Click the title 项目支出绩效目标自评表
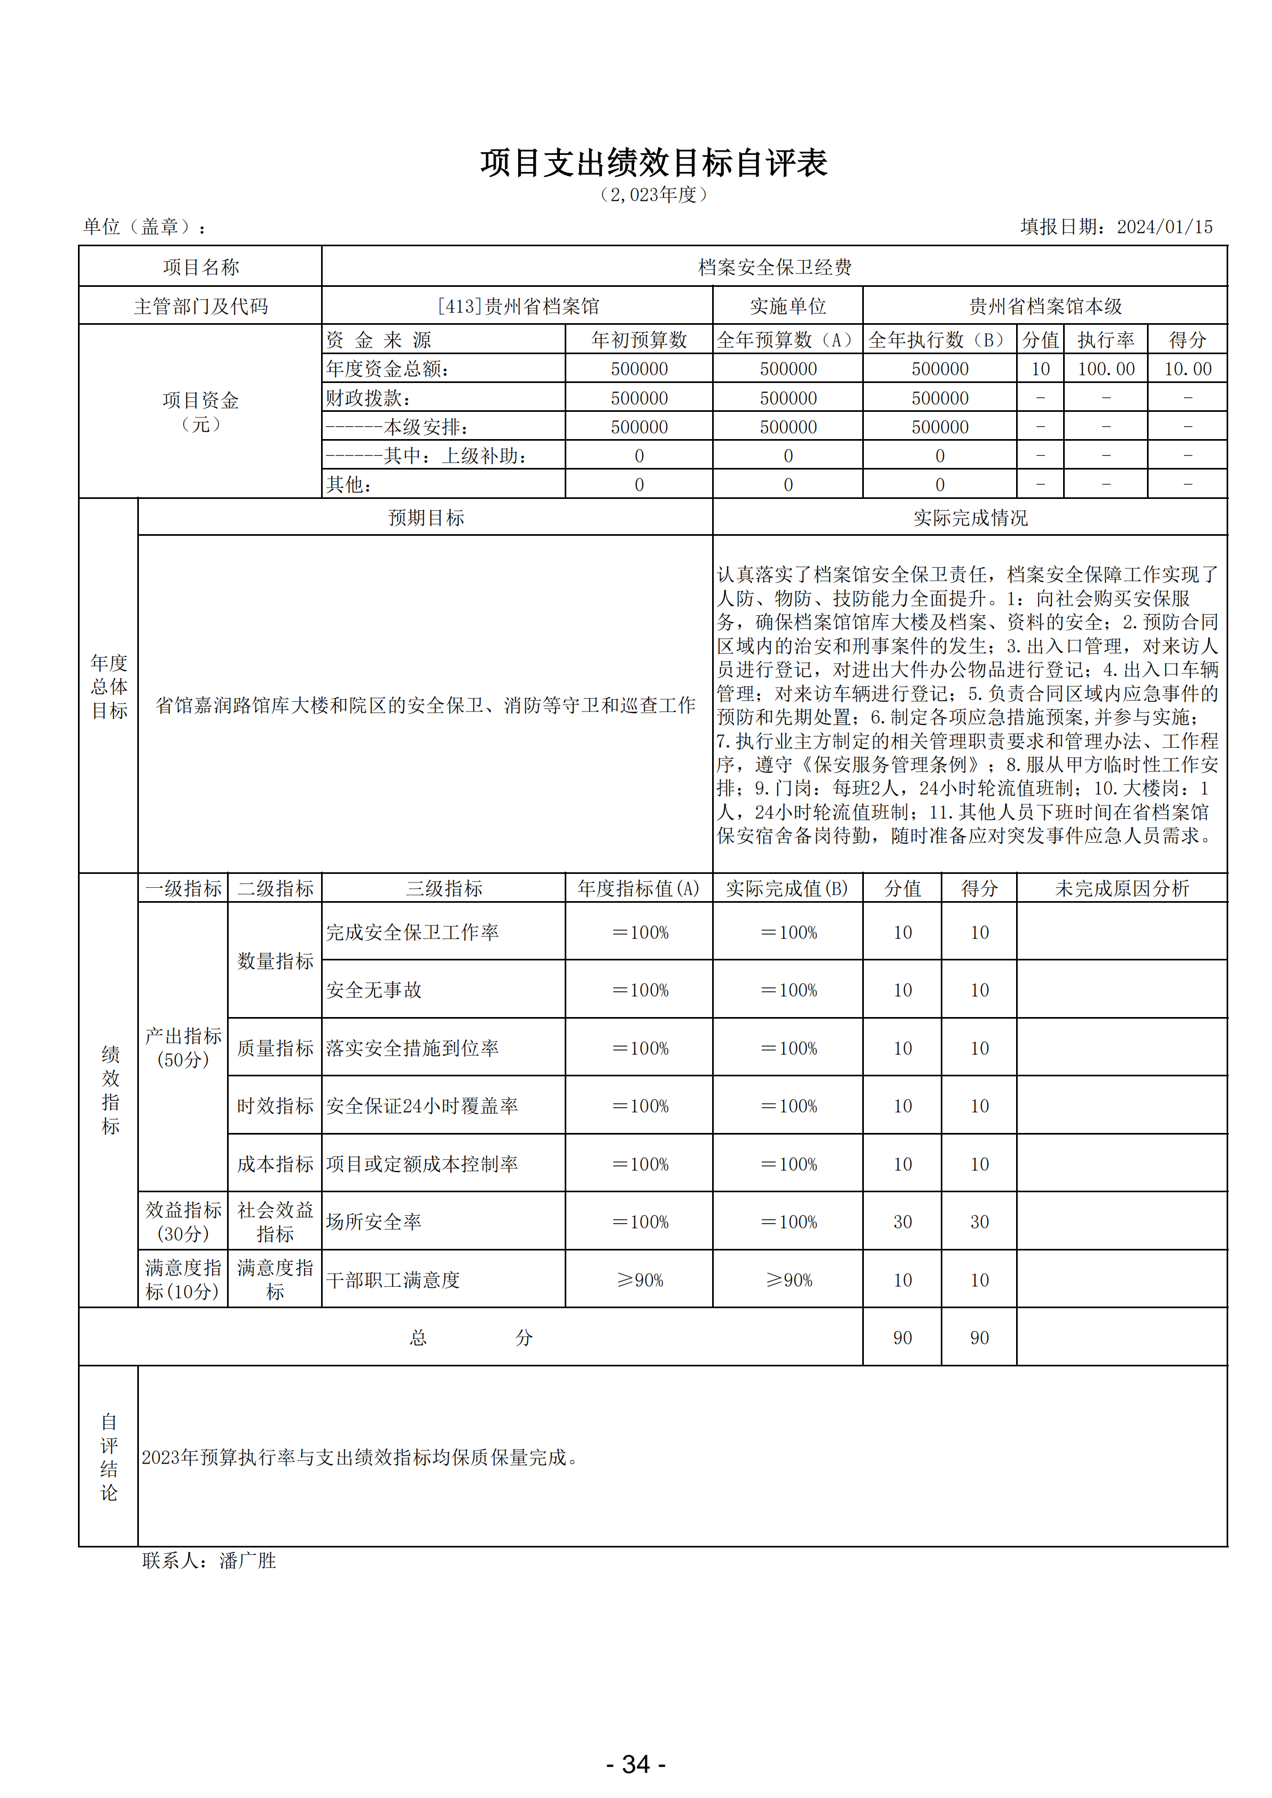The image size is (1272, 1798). click(653, 163)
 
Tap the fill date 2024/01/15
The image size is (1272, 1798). click(1164, 227)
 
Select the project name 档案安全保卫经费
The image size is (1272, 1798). click(774, 267)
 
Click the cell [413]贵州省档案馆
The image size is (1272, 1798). click(518, 306)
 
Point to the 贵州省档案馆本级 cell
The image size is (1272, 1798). click(1045, 306)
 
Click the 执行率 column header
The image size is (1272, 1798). click(1105, 340)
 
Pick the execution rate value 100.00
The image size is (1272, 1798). click(1105, 369)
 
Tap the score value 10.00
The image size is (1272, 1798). click(1188, 369)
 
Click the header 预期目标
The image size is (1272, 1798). click(426, 518)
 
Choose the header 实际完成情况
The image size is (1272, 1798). click(970, 518)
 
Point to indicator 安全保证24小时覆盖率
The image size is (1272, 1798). click(422, 1106)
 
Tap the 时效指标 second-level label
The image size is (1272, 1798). click(275, 1106)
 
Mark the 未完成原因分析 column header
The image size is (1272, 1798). click(1122, 888)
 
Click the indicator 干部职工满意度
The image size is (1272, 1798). click(393, 1279)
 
